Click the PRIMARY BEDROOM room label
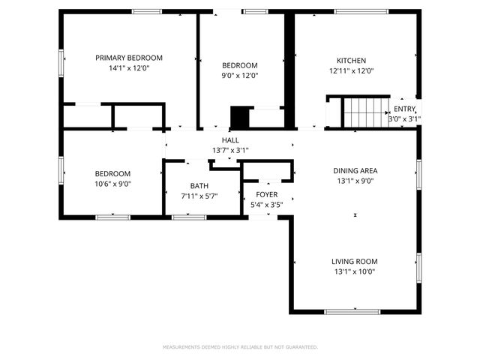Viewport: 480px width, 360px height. tap(129, 58)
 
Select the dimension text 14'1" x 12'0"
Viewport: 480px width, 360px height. tap(129, 70)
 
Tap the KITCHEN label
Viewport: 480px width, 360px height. tap(351, 60)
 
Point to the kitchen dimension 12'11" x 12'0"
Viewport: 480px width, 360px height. tap(351, 71)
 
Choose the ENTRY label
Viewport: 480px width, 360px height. tap(404, 109)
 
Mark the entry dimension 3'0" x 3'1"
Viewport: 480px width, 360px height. tap(404, 118)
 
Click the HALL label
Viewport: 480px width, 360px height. tap(230, 139)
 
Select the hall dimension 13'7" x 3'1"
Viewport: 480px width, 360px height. tap(230, 150)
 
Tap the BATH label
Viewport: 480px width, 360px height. tap(199, 186)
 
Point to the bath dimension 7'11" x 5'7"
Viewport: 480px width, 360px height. tap(199, 196)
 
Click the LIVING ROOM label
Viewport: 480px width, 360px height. tap(354, 261)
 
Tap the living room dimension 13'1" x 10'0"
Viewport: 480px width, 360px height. tap(354, 272)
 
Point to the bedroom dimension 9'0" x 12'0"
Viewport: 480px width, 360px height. tap(239, 75)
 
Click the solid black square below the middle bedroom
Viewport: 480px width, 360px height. tap(239, 118)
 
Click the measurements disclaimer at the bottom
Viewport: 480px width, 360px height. tap(240, 347)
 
